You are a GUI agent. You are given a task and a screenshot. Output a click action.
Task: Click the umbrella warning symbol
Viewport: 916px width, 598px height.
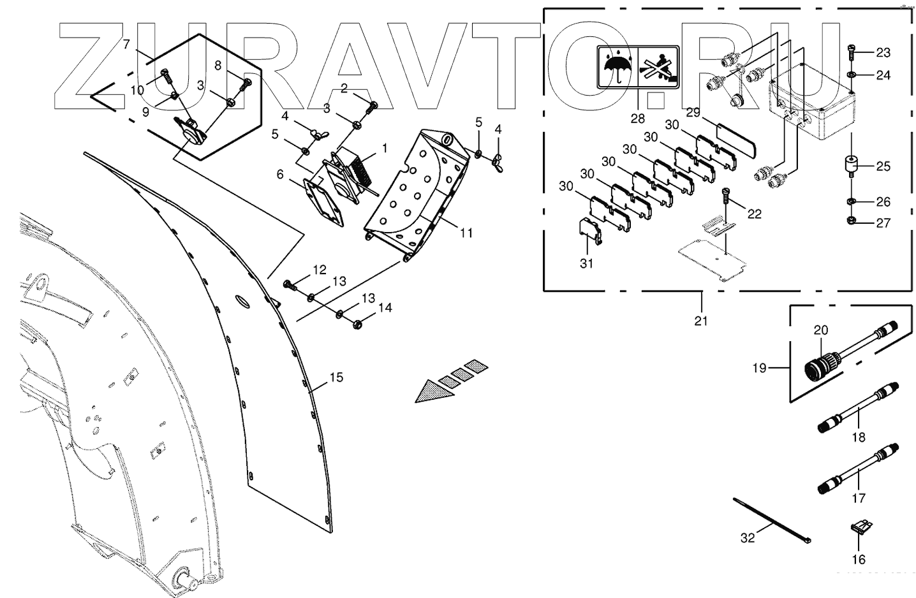click(x=617, y=68)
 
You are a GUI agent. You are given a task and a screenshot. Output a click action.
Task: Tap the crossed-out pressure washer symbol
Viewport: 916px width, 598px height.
click(x=659, y=68)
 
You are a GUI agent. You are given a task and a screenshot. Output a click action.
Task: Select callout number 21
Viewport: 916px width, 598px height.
click(x=701, y=321)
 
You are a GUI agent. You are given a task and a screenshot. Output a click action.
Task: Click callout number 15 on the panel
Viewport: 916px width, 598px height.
click(x=336, y=377)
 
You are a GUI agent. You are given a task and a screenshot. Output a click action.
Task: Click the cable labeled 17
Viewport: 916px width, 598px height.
click(x=859, y=469)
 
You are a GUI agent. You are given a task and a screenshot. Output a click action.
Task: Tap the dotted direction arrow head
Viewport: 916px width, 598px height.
click(x=432, y=392)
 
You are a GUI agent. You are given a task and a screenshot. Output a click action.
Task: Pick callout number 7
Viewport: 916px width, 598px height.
click(x=126, y=45)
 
